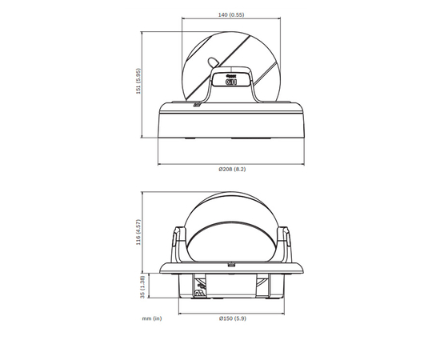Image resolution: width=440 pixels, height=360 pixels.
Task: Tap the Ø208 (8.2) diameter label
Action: coord(231,170)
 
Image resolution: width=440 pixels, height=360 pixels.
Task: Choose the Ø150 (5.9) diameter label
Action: coord(231,318)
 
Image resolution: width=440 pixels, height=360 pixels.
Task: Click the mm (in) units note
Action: coord(151,318)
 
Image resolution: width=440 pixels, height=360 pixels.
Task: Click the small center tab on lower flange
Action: coord(230,264)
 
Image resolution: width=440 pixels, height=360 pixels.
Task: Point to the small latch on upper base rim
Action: coord(194,104)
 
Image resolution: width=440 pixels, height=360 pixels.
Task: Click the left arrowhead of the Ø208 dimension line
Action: coord(159,164)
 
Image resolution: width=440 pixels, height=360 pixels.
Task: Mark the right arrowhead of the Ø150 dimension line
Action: coord(282,313)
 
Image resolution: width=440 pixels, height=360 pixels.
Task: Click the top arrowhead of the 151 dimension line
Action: coord(143,34)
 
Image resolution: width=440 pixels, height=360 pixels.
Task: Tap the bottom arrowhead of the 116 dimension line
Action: coord(143,271)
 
